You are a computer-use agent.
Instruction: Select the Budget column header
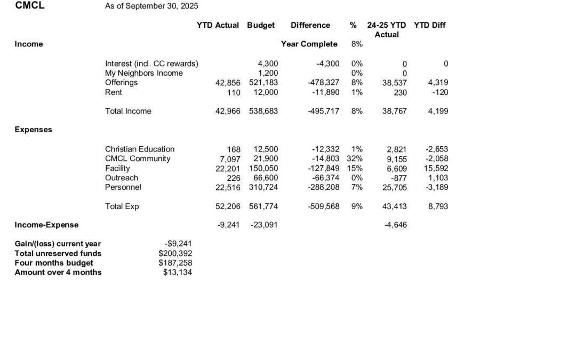[261, 25]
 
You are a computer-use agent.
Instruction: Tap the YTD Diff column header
[429, 25]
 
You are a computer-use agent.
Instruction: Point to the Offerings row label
[121, 83]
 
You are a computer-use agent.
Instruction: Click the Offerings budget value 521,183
[263, 83]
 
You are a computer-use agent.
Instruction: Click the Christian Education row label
[140, 149]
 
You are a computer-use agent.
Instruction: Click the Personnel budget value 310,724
[263, 188]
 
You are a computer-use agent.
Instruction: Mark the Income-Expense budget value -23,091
[264, 225]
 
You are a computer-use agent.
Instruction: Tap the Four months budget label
[54, 263]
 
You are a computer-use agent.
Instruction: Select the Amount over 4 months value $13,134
[177, 273]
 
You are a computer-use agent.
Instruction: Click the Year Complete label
[309, 44]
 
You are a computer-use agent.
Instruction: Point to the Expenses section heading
[33, 130]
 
